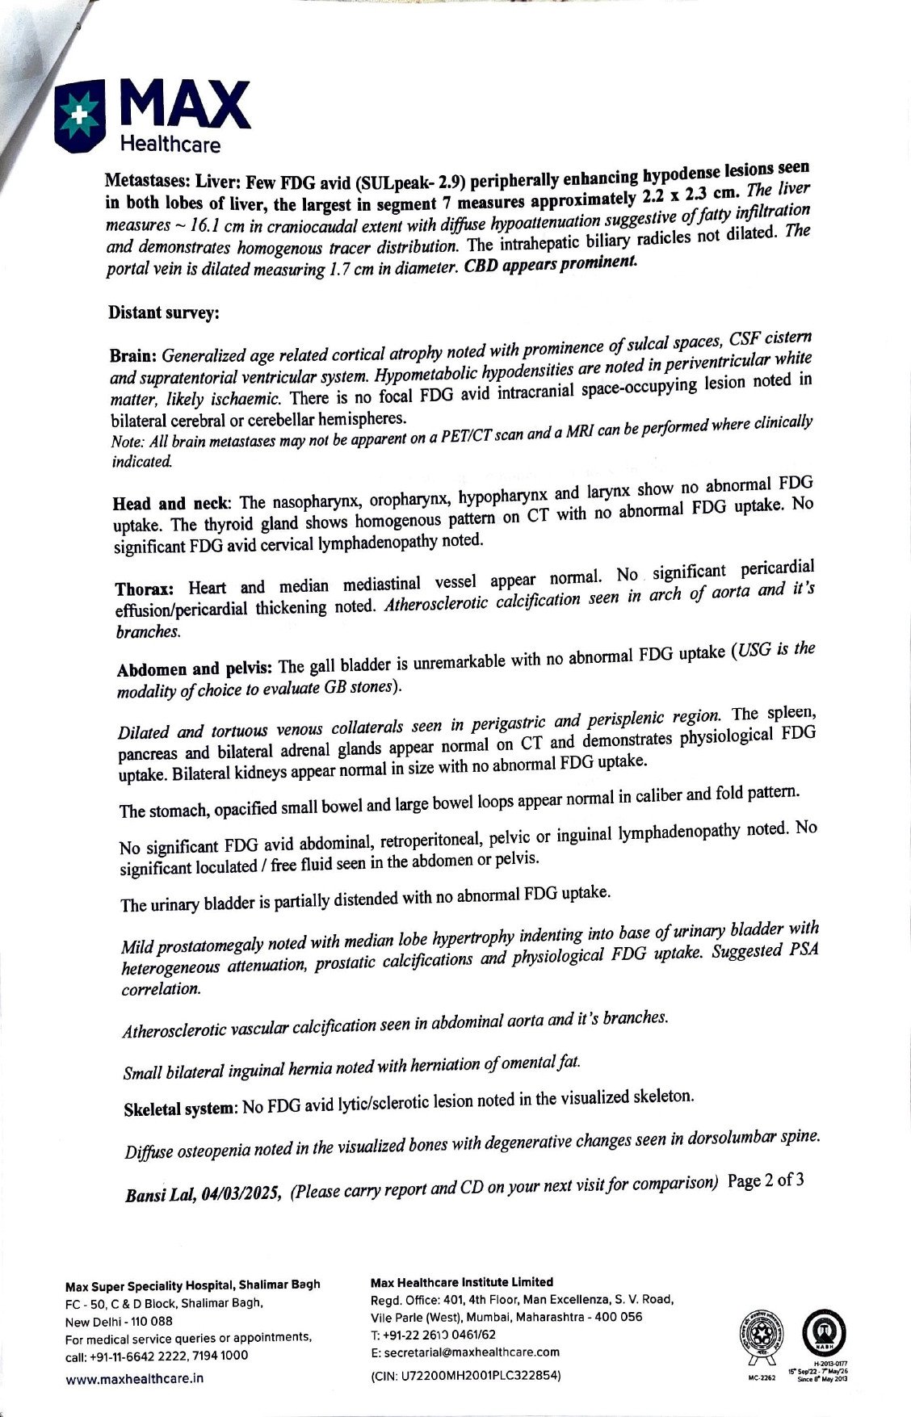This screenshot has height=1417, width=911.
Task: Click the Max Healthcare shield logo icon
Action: pyautogui.click(x=81, y=115)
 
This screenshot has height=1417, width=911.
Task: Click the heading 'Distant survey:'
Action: pyautogui.click(x=163, y=312)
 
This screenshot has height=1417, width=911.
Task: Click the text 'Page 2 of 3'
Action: pyautogui.click(x=765, y=1180)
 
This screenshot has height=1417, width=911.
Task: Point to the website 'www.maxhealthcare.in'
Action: pyautogui.click(x=134, y=1378)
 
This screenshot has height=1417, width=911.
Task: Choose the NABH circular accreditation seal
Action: pyautogui.click(x=822, y=1337)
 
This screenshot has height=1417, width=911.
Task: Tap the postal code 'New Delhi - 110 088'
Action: pyautogui.click(x=119, y=1322)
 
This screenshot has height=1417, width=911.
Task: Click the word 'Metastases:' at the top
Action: pyautogui.click(x=148, y=181)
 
